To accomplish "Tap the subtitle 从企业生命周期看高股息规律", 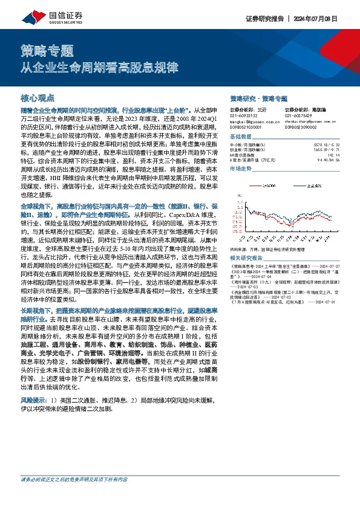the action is [x=91, y=66].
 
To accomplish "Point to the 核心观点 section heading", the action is [x=38, y=97].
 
